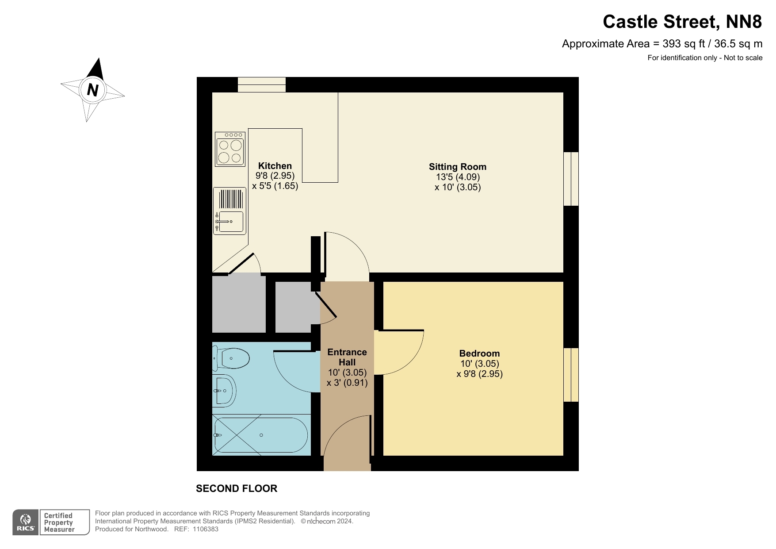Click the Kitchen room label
coord(275,166)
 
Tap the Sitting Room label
coord(457,167)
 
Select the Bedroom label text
coord(479,353)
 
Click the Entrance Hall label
coord(347,357)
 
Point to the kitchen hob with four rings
coord(230,149)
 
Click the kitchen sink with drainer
coord(229,211)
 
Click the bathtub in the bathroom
coord(261,435)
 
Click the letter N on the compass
coord(92,90)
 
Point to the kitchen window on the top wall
coord(261,84)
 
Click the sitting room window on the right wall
coord(571,179)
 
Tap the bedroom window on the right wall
coord(571,375)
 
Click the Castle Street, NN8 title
coord(682,22)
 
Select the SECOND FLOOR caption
coord(237,488)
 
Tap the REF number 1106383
coord(205,529)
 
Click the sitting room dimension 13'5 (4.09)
coord(457,177)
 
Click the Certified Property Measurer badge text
coord(59,522)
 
